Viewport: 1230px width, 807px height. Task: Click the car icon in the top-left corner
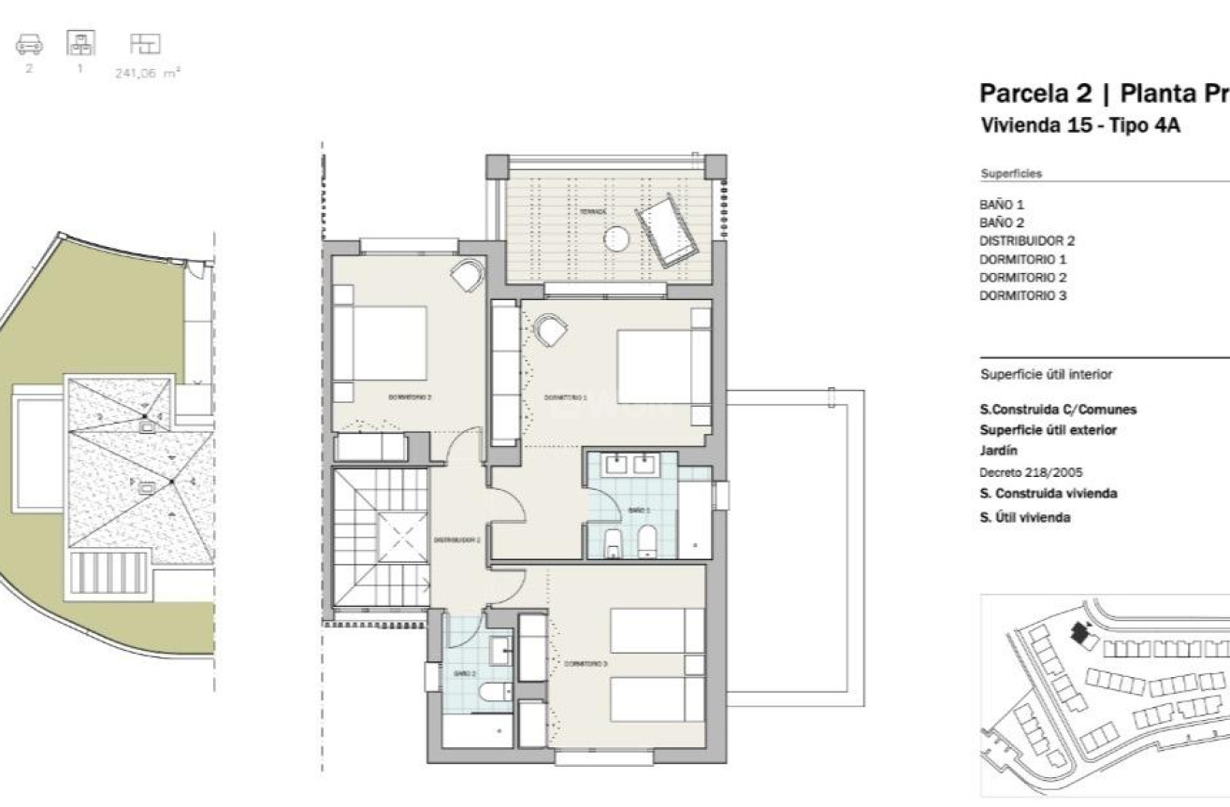click(29, 44)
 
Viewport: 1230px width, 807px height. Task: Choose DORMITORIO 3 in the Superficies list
click(1022, 295)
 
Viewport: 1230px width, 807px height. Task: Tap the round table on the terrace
click(616, 239)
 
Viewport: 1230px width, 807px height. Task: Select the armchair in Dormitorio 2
click(466, 275)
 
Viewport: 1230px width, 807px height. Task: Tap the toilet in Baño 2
click(493, 692)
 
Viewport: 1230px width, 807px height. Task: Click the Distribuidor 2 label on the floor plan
click(457, 540)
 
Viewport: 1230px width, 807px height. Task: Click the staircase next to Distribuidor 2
click(382, 538)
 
